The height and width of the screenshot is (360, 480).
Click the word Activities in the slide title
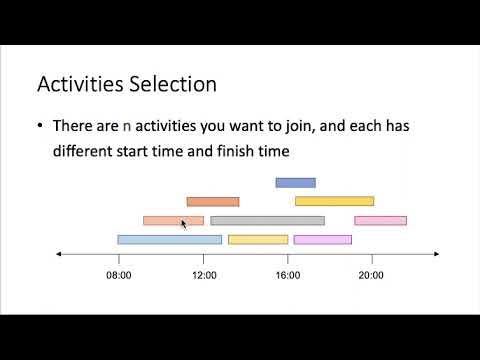(x=81, y=84)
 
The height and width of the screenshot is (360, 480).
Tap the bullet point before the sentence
(x=41, y=127)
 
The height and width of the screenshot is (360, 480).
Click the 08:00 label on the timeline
(x=118, y=274)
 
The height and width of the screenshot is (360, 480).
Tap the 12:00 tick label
(x=204, y=274)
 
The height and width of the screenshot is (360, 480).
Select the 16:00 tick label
(x=287, y=274)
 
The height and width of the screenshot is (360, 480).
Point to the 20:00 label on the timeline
(x=371, y=274)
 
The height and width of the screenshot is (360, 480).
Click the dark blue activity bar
(x=295, y=182)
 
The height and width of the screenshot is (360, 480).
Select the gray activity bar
(x=267, y=220)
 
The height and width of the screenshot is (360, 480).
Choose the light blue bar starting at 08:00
(x=169, y=239)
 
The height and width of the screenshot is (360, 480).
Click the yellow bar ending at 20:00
(x=334, y=201)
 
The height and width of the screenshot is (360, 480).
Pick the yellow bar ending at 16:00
(x=258, y=239)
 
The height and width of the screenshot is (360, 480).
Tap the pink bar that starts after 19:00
(x=380, y=220)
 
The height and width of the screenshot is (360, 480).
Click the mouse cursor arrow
(x=183, y=224)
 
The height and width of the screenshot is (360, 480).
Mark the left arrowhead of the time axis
(x=59, y=255)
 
